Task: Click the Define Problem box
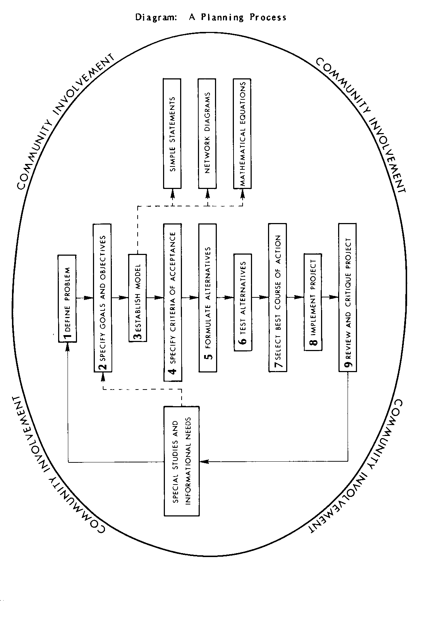(x=67, y=298)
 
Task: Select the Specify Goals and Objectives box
(x=102, y=298)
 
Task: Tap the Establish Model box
(x=138, y=298)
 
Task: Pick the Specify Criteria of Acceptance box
(x=173, y=302)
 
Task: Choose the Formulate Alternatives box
(x=208, y=298)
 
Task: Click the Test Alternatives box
(x=243, y=302)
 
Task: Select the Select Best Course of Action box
(x=278, y=298)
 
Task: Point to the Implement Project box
(x=313, y=302)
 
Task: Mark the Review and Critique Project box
(x=348, y=298)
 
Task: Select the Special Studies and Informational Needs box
(x=182, y=461)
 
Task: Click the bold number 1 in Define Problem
(x=67, y=337)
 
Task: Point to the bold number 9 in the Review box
(x=348, y=365)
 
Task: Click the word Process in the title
(x=268, y=17)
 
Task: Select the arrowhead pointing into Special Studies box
(x=204, y=461)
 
